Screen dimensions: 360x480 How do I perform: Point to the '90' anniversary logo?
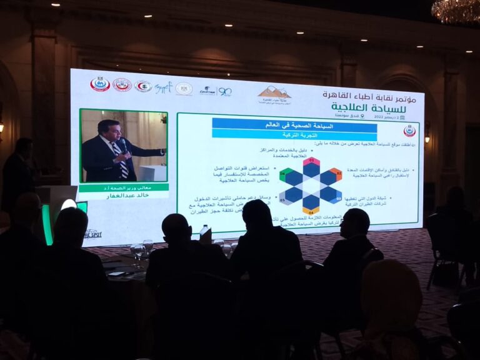224,91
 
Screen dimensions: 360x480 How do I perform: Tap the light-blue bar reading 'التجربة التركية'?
294,134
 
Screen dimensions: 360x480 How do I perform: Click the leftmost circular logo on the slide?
100,84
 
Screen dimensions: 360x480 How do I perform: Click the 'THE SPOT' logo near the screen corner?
92,234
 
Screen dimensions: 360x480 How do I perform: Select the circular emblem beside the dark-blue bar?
409,131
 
